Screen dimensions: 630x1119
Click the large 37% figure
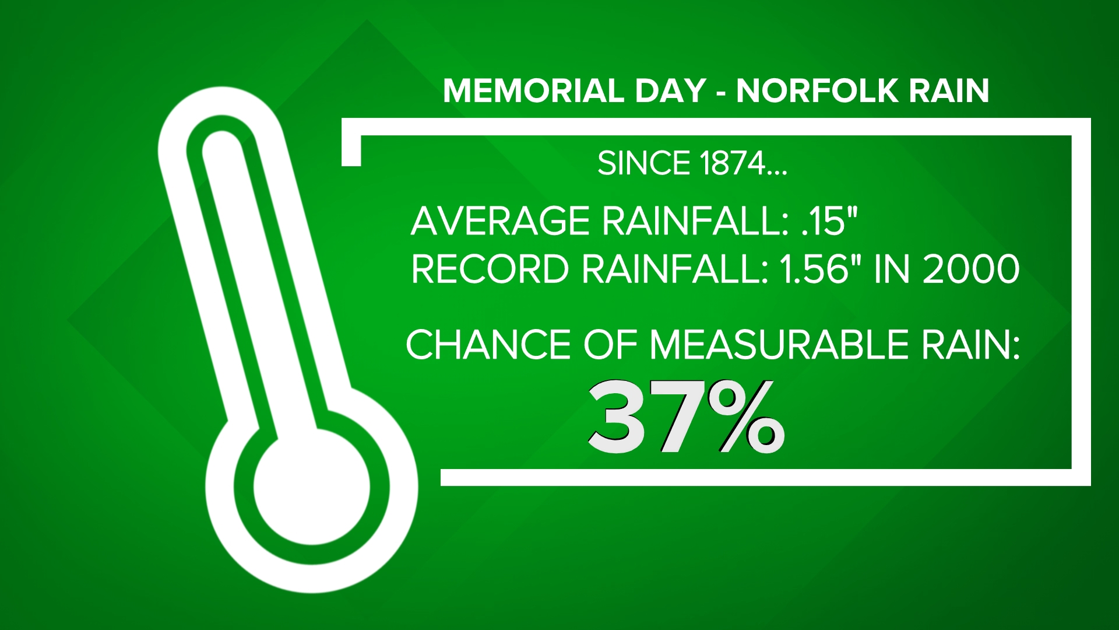click(x=686, y=418)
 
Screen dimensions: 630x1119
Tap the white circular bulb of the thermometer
click(x=312, y=487)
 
